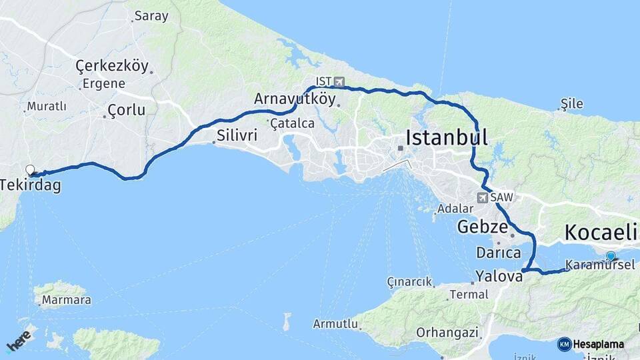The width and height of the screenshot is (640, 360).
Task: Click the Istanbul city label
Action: click(447, 138)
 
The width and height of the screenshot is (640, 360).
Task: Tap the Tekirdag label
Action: click(31, 185)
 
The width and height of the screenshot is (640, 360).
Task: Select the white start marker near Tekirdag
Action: click(30, 170)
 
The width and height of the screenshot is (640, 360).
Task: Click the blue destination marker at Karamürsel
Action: click(611, 255)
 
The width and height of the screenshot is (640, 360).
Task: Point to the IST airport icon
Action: click(339, 81)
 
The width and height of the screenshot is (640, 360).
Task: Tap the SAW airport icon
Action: click(482, 197)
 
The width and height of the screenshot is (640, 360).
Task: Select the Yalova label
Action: click(498, 275)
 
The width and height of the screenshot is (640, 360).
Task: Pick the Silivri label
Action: click(237, 136)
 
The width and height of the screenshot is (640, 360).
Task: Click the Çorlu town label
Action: click(126, 111)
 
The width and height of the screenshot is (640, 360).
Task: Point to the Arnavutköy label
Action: click(294, 99)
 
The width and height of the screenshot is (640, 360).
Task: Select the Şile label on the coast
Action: click(572, 103)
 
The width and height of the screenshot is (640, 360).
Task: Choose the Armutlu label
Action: click(335, 324)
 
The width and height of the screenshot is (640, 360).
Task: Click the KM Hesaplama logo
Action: click(591, 344)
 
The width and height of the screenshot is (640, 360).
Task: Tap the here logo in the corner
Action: click(18, 339)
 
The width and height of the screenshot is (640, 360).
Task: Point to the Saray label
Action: click(151, 16)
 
